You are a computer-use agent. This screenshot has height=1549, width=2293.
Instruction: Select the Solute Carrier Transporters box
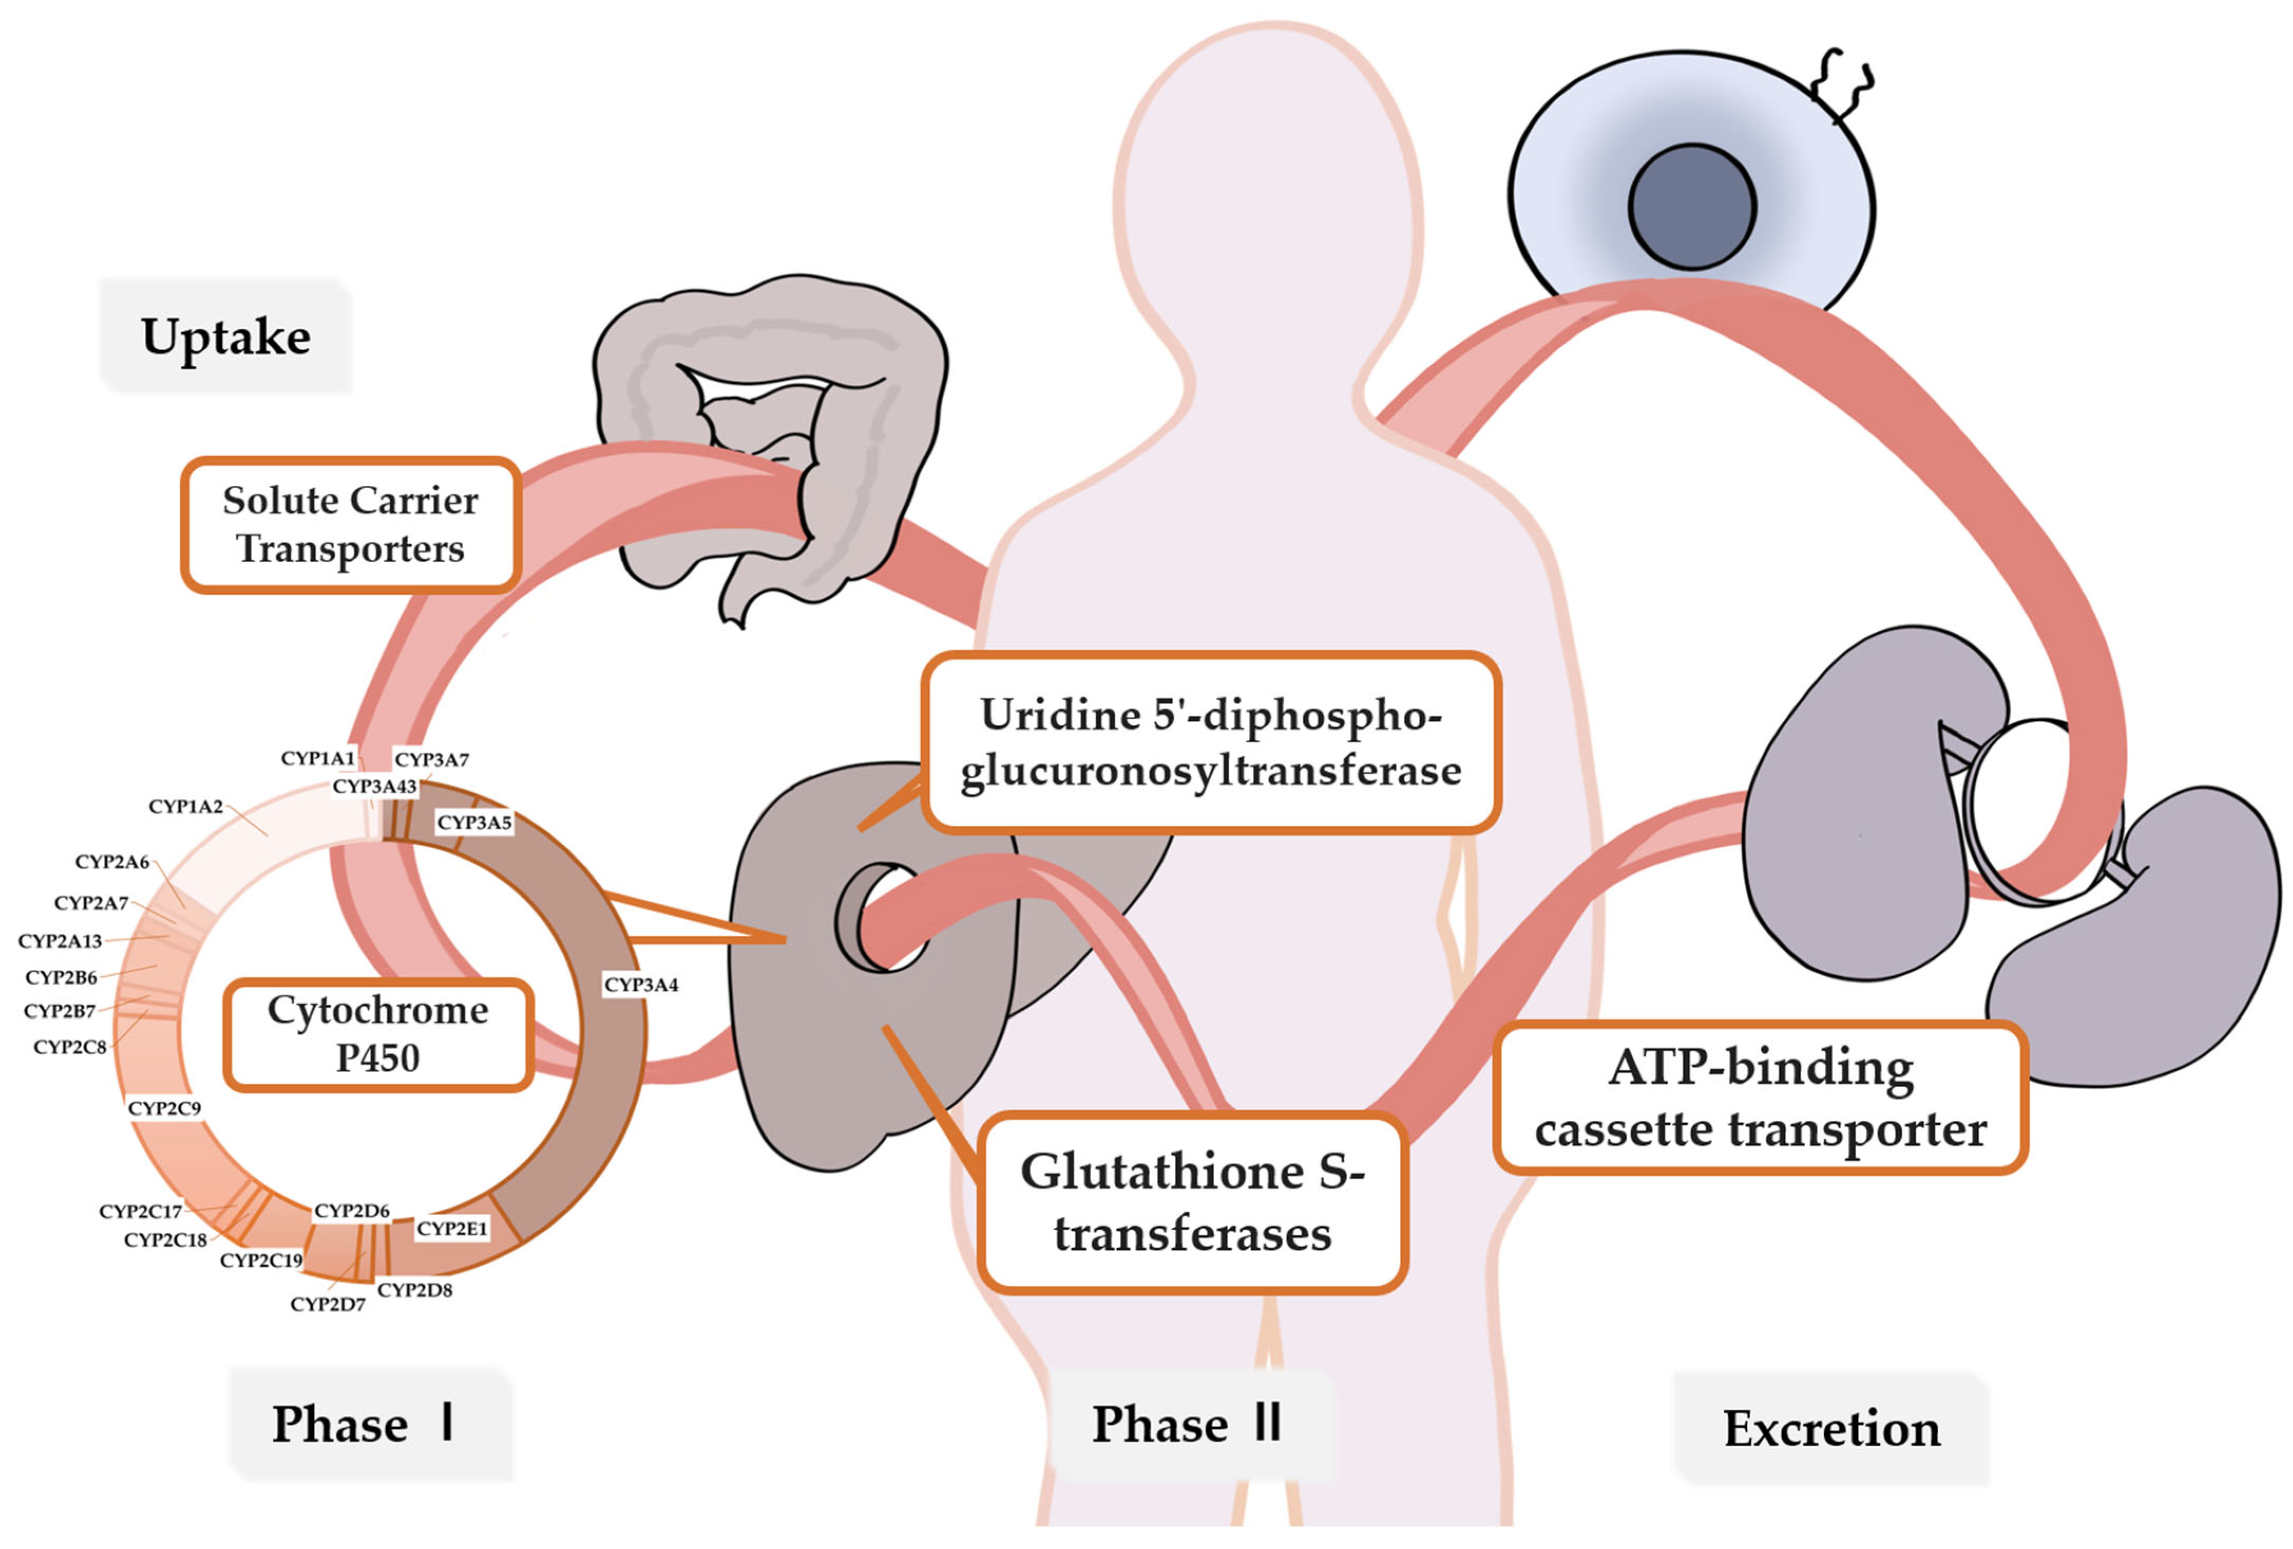(x=350, y=525)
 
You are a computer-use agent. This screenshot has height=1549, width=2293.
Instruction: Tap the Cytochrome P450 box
(x=378, y=1034)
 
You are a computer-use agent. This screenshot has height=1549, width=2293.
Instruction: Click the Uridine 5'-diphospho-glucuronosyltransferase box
(x=1211, y=742)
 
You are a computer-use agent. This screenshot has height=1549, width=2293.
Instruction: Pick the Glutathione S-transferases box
(x=1192, y=1202)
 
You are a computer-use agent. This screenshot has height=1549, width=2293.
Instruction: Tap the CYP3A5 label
(x=475, y=822)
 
